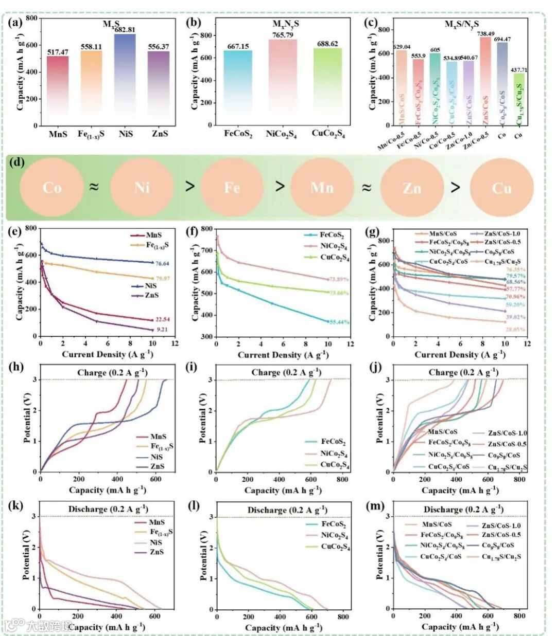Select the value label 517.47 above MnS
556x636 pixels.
58,52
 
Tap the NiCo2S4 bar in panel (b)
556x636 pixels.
283,82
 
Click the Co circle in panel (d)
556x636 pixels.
52,187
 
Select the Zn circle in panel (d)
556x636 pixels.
412,188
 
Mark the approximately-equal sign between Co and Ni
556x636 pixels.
94,187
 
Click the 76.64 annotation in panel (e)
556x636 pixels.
163,263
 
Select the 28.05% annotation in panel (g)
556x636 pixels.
515,330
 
